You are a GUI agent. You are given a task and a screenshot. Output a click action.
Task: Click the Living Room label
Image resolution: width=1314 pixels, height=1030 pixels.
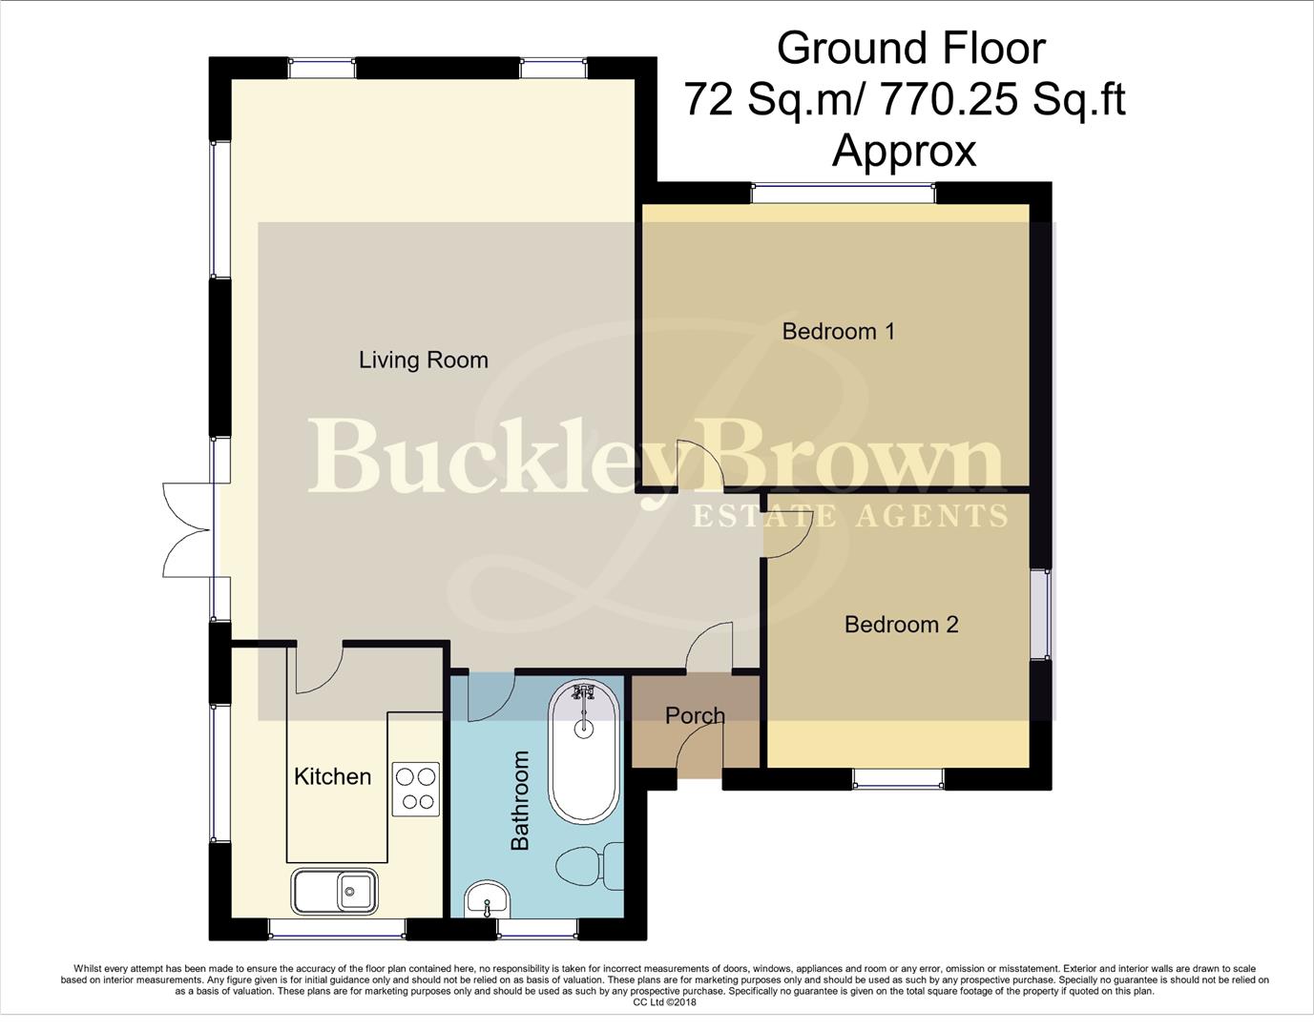[423, 360]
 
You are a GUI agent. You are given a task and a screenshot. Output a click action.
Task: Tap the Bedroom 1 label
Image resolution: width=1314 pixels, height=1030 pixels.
[838, 331]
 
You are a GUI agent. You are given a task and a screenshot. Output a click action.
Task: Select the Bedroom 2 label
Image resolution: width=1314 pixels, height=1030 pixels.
[901, 625]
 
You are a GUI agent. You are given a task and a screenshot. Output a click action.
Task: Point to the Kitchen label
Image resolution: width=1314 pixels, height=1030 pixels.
[332, 776]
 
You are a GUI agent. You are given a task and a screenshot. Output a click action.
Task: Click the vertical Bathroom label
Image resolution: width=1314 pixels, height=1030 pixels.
[520, 800]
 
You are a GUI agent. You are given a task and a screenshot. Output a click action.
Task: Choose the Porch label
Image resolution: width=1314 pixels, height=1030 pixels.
[695, 715]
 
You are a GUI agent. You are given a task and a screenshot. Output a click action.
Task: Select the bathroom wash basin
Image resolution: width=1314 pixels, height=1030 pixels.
[488, 900]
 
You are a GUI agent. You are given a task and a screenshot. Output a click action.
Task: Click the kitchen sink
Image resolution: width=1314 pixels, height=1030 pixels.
[335, 892]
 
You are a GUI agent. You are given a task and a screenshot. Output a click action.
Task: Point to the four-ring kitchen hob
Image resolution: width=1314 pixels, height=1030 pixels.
[415, 789]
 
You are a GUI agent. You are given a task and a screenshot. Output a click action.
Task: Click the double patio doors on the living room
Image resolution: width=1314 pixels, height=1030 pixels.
[187, 528]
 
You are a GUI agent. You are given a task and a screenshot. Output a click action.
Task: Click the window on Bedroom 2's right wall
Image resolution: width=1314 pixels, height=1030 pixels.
[1045, 614]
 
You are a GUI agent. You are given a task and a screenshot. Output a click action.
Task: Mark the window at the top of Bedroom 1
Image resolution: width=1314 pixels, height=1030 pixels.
[843, 194]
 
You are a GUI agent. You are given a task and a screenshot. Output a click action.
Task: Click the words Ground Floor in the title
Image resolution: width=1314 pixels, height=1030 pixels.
[910, 49]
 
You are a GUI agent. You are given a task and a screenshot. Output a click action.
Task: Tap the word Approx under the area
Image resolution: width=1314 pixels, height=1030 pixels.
[904, 151]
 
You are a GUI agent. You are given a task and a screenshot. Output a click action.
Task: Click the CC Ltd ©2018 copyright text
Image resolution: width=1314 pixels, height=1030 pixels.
[664, 1002]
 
